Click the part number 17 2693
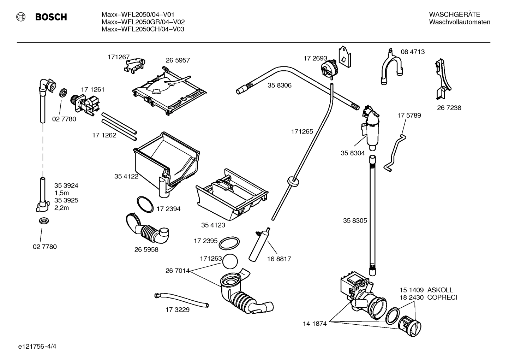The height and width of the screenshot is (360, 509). (315, 58)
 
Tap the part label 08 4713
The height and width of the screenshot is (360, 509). (412, 52)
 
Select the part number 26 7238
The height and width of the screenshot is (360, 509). (449, 108)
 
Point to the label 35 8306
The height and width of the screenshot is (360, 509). (279, 85)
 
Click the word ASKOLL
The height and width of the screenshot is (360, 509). (440, 290)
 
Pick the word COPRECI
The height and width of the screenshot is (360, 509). (442, 297)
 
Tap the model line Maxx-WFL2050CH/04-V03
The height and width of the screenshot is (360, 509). (143, 29)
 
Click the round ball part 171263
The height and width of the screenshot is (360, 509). (230, 262)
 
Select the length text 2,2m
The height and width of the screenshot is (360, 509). (61, 208)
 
